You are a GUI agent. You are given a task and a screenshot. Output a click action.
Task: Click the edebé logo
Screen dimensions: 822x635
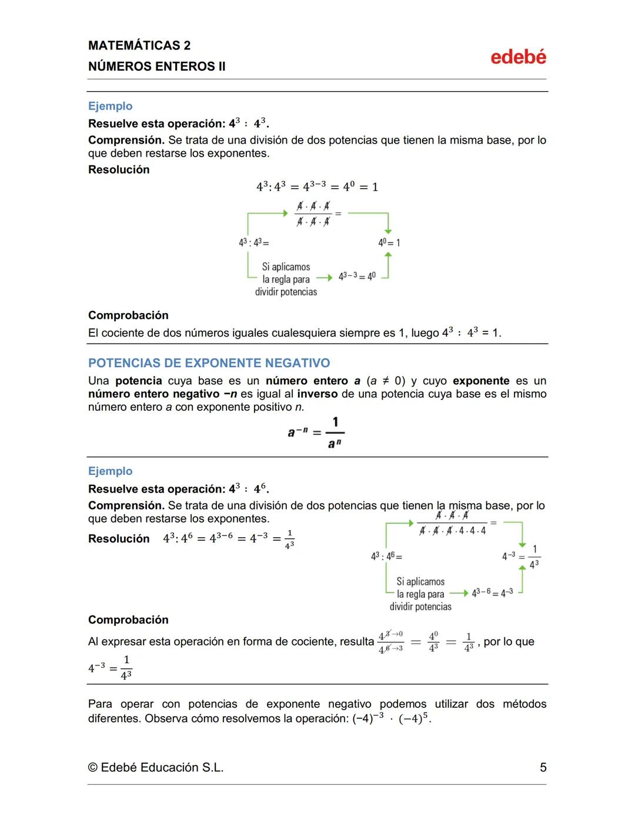(518, 57)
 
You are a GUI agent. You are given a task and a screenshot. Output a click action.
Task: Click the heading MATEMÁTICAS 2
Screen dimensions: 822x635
(139, 45)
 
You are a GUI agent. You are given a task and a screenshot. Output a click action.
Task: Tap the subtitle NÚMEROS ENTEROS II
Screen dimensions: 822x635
(156, 66)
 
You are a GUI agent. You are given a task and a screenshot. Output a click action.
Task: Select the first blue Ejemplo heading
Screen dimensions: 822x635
(110, 106)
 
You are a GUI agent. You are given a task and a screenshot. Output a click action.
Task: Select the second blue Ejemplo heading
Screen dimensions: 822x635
(110, 471)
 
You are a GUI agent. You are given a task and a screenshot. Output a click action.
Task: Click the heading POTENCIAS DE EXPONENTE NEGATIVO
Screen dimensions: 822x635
(209, 363)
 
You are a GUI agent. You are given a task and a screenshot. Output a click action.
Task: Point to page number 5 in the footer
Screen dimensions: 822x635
(543, 767)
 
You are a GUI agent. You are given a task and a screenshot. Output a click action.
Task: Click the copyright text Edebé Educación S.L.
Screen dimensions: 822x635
(156, 767)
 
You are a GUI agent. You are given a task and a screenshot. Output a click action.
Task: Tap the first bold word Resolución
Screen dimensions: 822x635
(119, 169)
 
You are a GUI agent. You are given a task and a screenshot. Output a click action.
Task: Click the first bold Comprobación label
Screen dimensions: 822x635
(128, 315)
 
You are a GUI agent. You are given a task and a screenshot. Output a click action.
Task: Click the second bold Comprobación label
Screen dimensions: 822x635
(128, 620)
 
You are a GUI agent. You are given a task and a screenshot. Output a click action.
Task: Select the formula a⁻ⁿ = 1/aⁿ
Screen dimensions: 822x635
(316, 432)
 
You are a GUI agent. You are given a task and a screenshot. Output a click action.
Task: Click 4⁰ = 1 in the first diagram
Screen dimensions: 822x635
(389, 242)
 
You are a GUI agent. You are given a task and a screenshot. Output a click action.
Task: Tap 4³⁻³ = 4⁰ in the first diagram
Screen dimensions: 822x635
(357, 276)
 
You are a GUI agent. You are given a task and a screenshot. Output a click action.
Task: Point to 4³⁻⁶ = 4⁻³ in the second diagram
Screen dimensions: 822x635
(492, 592)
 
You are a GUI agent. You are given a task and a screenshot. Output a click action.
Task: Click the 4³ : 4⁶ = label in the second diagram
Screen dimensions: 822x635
(386, 556)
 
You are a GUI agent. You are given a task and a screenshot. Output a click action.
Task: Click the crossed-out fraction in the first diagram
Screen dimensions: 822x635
(313, 214)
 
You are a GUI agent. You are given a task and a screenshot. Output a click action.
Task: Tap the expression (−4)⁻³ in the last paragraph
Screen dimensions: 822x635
(368, 718)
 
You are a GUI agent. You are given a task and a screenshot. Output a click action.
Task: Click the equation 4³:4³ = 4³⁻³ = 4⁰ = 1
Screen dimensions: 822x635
(317, 187)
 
